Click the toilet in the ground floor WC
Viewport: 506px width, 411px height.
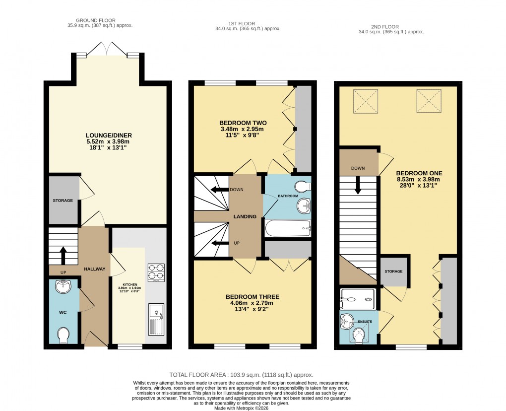coord(64,336)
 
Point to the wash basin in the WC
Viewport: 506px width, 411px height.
coord(64,286)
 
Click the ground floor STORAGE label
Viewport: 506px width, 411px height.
coord(63,201)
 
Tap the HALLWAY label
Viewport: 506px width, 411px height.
coord(94,269)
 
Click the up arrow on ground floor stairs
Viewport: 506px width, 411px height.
coord(63,255)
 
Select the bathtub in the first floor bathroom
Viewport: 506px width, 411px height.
coord(288,229)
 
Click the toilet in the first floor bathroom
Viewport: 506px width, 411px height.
coord(302,187)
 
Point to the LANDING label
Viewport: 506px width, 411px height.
coord(245,216)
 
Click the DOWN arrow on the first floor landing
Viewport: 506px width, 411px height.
coord(218,190)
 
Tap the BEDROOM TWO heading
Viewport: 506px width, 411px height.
coord(243,123)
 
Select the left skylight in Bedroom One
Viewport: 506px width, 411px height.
coord(366,101)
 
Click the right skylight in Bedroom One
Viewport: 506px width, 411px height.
coord(429,101)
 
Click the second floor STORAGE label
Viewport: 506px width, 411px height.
coord(394,272)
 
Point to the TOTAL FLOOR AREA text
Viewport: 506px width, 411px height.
coord(241,375)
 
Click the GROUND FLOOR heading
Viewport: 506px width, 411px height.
coord(101,21)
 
